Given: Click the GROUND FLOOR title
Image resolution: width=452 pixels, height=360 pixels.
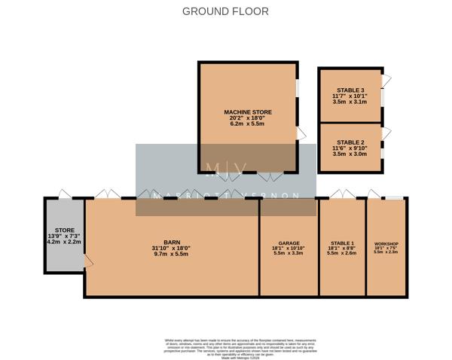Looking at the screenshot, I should (225, 11).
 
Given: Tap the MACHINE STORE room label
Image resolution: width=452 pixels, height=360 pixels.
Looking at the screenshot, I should (248, 111).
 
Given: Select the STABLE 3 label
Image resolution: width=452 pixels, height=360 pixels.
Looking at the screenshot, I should (350, 90).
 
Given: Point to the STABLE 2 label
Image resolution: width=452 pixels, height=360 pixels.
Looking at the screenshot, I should (350, 142).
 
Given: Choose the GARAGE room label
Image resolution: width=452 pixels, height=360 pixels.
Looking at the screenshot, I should (288, 244).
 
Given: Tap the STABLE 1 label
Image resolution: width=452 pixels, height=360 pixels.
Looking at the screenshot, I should (342, 244).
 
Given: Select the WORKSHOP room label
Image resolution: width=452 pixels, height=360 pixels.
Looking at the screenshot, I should (386, 245).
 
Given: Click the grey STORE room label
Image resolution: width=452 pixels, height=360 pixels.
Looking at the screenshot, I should (63, 230).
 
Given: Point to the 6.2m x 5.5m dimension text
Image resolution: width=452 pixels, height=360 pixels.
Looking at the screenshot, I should (248, 124).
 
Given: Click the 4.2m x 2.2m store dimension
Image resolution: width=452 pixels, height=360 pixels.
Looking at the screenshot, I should (63, 242).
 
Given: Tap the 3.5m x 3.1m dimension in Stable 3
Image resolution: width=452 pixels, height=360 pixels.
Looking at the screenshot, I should (350, 102).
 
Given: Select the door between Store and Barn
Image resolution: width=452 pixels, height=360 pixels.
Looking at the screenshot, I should (87, 261).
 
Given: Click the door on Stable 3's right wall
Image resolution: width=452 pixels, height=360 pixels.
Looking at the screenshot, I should (386, 81).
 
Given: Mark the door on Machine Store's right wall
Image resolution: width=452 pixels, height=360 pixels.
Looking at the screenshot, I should (301, 134).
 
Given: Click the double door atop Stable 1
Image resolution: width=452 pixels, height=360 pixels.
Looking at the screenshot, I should (342, 194).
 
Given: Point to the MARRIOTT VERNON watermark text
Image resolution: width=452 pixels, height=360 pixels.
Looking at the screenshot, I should (225, 196).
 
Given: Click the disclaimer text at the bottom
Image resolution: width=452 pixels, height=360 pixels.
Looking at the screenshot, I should (225, 346).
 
